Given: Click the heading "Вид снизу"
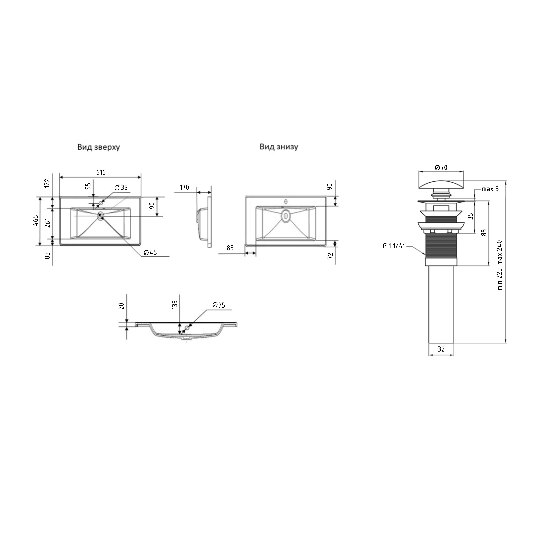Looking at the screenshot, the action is coord(279,147).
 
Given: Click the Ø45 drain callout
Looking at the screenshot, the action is coord(150,252).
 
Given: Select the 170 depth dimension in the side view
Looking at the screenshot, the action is coord(184,188).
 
